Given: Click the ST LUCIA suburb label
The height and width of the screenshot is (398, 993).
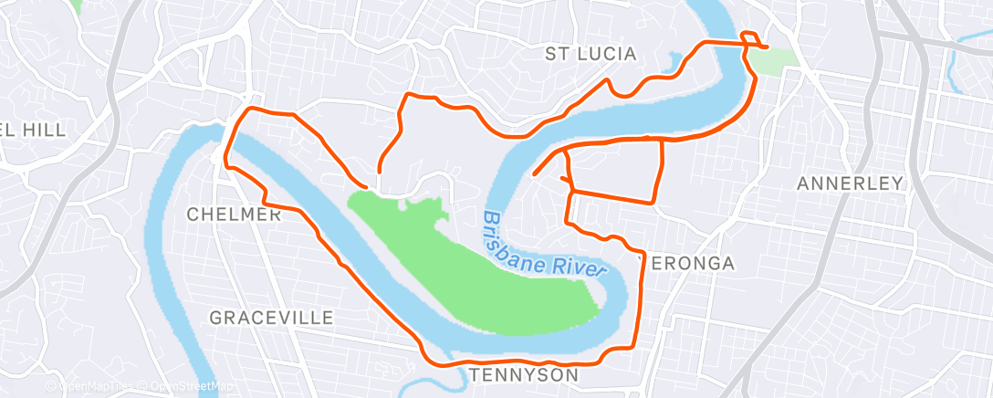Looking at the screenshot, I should coord(591,54).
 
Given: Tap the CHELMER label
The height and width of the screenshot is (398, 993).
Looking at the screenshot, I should coord(234,215).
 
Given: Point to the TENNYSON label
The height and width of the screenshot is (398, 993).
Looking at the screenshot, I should coord(524,376).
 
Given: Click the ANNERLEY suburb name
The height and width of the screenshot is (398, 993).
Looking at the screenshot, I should coord(850,183).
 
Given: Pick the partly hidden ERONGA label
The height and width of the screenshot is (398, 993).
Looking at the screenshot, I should coord(692,264).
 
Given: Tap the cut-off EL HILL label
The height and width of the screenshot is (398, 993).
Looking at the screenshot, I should coord(34,131).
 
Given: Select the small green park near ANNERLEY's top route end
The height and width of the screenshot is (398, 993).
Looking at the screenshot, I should coord(773,62).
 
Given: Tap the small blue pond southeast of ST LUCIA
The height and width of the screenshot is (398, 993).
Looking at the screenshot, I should coord(677,63).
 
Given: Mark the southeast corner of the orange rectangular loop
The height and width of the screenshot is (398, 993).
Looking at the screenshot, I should coord(654,202).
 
